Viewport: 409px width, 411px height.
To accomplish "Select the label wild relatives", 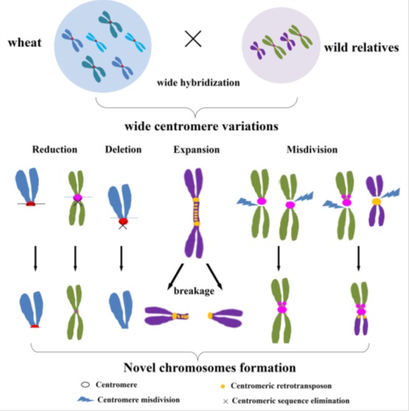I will point(361,48).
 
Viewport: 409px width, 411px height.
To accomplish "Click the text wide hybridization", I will point(198,83).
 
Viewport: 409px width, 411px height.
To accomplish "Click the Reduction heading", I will point(55,150).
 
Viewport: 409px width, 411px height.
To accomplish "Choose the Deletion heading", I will point(120,150).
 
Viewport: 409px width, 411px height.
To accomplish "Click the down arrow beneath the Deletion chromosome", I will point(120,258).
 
